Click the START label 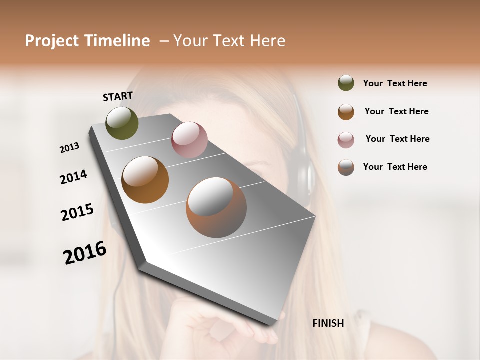(x=118, y=96)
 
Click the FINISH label (x=328, y=323)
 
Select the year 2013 (x=69, y=147)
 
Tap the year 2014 (x=73, y=177)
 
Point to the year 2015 (x=77, y=212)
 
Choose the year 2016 (x=85, y=253)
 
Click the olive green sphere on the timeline (x=122, y=123)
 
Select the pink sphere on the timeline (x=189, y=139)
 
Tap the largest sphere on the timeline (x=216, y=207)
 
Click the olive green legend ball (x=346, y=83)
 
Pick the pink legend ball (x=346, y=140)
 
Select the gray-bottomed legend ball (x=346, y=167)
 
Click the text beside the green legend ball (x=395, y=83)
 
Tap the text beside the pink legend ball (x=397, y=139)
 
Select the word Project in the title (x=51, y=41)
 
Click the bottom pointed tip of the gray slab (x=272, y=324)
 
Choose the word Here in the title (x=267, y=41)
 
